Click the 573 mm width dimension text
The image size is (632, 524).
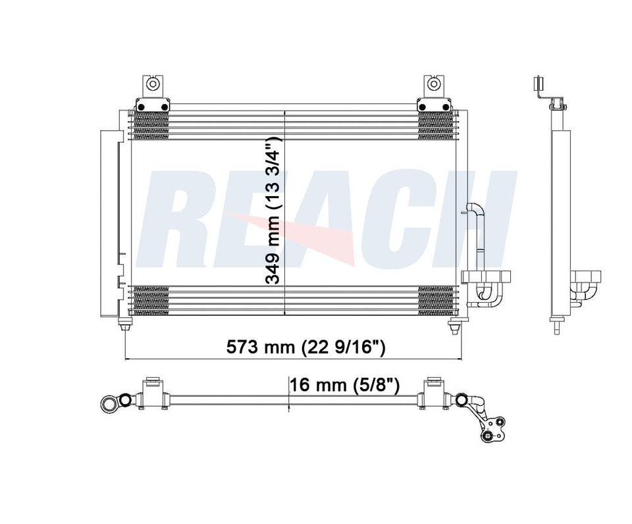[x=305, y=348]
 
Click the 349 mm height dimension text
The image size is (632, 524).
[x=273, y=211]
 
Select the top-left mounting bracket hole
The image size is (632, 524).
[x=152, y=84]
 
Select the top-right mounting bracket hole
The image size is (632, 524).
[x=433, y=84]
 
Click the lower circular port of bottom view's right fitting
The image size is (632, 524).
[x=487, y=435]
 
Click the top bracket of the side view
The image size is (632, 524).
[x=537, y=86]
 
